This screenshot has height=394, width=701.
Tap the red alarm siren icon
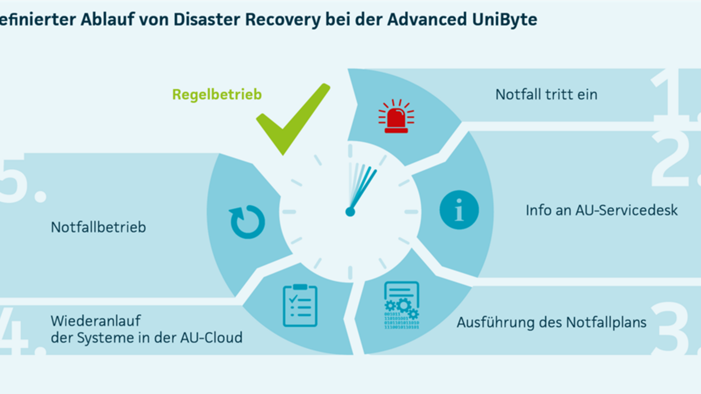pyautogui.click(x=396, y=117)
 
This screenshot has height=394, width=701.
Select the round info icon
pyautogui.click(x=459, y=210)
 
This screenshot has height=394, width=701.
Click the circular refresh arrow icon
pyautogui.click(x=248, y=222)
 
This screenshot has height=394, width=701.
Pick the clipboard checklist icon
pyautogui.click(x=300, y=305)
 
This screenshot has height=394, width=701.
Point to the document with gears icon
pyautogui.click(x=402, y=305)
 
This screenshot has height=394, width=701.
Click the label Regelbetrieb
pyautogui.click(x=217, y=94)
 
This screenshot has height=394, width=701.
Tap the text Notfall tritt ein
pyautogui.click(x=546, y=94)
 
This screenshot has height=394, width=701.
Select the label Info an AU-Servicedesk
pyautogui.click(x=602, y=211)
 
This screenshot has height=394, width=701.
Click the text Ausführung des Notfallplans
pyautogui.click(x=551, y=323)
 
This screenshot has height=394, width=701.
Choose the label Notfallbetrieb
pyautogui.click(x=98, y=228)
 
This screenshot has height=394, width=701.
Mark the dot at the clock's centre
pyautogui.click(x=350, y=212)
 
